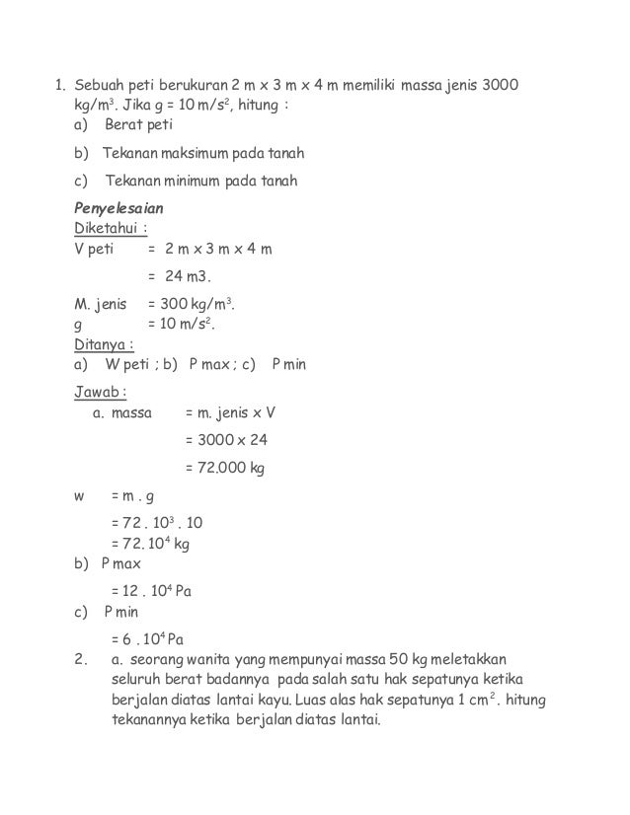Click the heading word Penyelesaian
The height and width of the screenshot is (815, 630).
(x=119, y=210)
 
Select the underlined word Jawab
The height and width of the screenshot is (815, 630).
(x=103, y=391)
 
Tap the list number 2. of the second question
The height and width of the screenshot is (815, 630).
(x=83, y=658)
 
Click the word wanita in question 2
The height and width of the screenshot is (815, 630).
(x=199, y=658)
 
